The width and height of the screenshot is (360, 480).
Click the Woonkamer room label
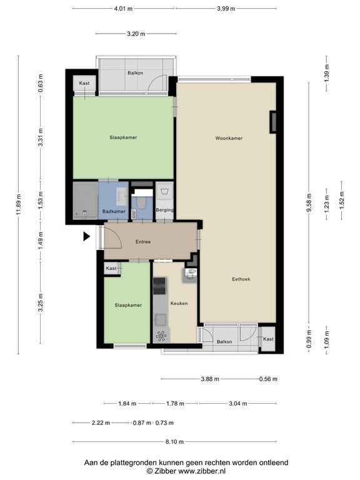pyautogui.click(x=229, y=138)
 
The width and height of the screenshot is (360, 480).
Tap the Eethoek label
pyautogui.click(x=241, y=279)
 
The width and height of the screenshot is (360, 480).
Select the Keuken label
pyautogui.click(x=179, y=303)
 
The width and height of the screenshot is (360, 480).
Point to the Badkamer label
pyautogui.click(x=114, y=211)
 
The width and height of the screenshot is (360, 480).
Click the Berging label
pyautogui.click(x=164, y=210)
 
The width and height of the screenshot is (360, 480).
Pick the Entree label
pyautogui.click(x=143, y=241)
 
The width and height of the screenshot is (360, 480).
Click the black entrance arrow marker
pyautogui.click(x=87, y=236)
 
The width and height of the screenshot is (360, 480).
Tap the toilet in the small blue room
pyautogui.click(x=141, y=202)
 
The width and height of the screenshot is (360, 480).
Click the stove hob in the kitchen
pyautogui.click(x=159, y=286)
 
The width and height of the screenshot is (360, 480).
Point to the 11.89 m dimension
pyautogui.click(x=19, y=204)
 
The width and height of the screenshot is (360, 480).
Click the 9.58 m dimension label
pyautogui.click(x=309, y=202)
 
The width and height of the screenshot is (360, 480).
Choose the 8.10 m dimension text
pyautogui.click(x=174, y=441)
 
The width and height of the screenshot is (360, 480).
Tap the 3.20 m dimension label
pyautogui.click(x=136, y=34)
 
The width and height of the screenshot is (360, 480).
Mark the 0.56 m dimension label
pyautogui.click(x=268, y=379)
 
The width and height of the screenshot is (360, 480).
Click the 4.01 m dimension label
pyautogui.click(x=123, y=9)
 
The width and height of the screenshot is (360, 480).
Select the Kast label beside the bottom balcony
pyautogui.click(x=268, y=339)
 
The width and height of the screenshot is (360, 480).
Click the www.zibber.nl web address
pyautogui.click(x=202, y=471)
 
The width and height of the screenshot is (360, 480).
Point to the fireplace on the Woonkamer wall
pyautogui.click(x=272, y=122)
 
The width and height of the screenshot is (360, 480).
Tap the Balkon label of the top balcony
pyautogui.click(x=135, y=73)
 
